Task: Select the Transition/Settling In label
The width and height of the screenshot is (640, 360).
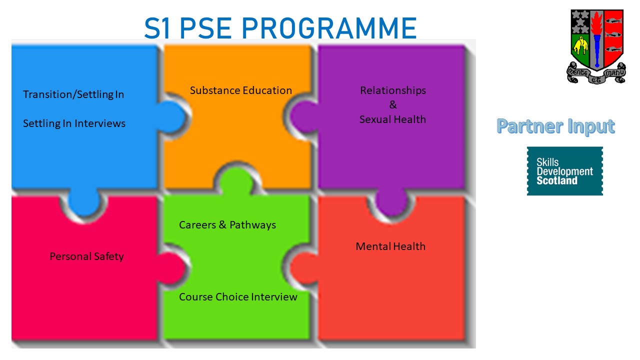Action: click(73, 94)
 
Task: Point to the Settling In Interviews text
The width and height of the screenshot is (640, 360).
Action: click(74, 123)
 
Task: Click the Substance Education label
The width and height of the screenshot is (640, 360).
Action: click(240, 90)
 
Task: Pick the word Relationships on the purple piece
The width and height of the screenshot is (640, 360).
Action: click(393, 90)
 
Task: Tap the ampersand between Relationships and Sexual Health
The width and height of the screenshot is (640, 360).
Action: click(393, 105)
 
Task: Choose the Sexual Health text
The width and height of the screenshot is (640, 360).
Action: click(392, 119)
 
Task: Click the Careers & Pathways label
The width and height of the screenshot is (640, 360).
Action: click(227, 225)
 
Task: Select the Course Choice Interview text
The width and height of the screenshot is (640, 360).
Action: click(238, 297)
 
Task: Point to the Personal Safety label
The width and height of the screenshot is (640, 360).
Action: click(86, 256)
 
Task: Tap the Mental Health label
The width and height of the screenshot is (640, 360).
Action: click(390, 246)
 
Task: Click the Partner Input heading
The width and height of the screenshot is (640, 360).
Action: click(555, 126)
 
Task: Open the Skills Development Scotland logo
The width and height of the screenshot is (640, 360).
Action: click(565, 171)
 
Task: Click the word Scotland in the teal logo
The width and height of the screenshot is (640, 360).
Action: click(556, 181)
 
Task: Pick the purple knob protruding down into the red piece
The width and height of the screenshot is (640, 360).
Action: click(391, 205)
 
